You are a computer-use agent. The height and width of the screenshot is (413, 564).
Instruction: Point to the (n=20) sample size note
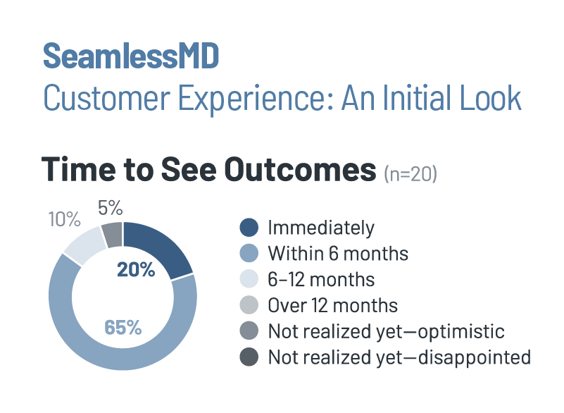pos(411,173)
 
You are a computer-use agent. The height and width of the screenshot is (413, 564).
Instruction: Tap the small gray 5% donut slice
pos(113,233)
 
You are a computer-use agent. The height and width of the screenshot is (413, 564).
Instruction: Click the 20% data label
pos(137,269)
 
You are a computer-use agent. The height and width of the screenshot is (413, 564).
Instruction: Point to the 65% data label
pos(123,327)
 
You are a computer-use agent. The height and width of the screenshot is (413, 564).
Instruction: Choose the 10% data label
pos(64,220)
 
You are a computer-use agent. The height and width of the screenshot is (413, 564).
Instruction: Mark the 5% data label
pos(111,208)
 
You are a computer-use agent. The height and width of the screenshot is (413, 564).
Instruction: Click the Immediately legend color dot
pos(249,228)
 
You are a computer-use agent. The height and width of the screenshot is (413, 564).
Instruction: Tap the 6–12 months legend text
pos(321,279)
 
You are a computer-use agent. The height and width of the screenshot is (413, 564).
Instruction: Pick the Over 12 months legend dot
pos(249,305)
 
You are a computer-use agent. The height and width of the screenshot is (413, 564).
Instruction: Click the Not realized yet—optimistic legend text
pos(387,331)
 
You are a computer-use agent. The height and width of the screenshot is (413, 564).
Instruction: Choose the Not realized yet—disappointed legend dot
pos(249,357)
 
